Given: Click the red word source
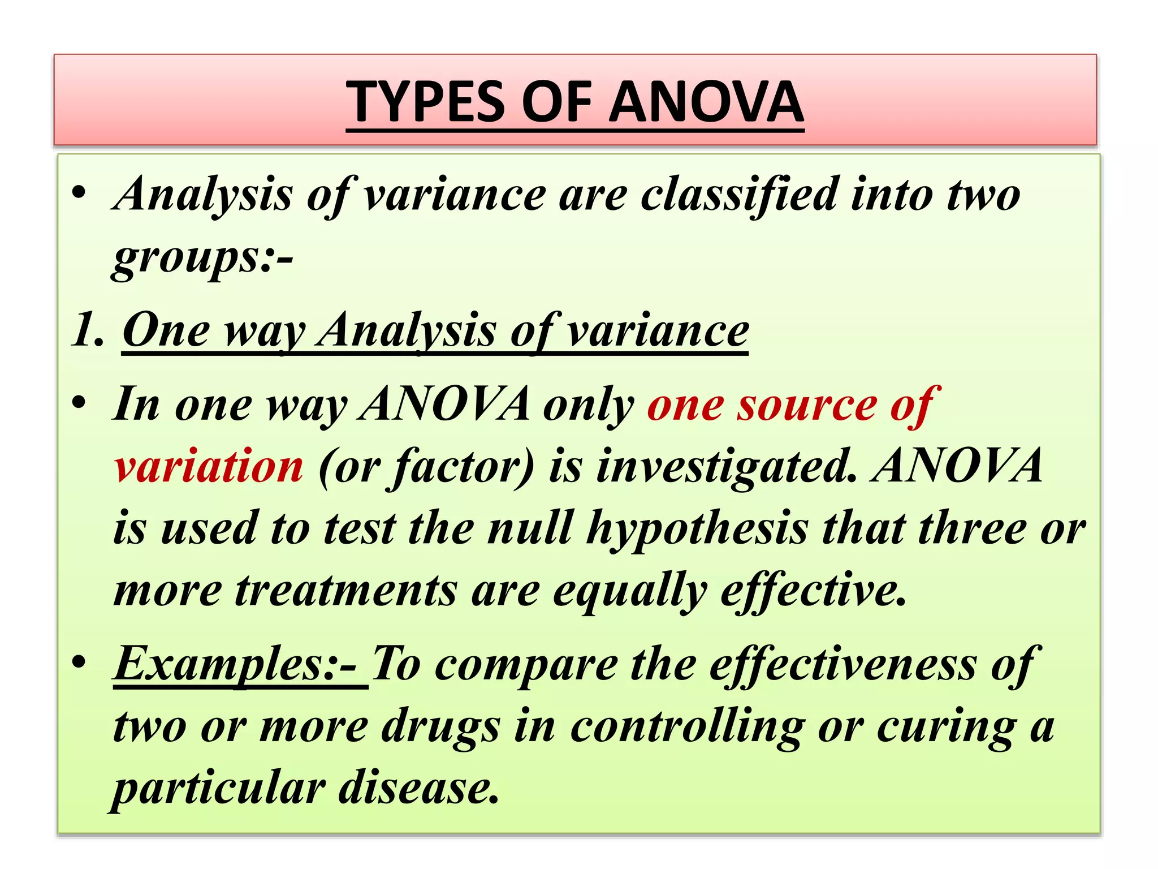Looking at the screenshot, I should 807,405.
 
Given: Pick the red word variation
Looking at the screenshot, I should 209,466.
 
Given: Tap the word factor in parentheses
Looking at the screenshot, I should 457,466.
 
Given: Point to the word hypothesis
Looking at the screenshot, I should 697,528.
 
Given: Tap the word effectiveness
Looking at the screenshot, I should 842,664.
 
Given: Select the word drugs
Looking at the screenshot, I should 440,726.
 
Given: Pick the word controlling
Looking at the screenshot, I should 687,726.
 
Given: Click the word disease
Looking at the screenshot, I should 418,789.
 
